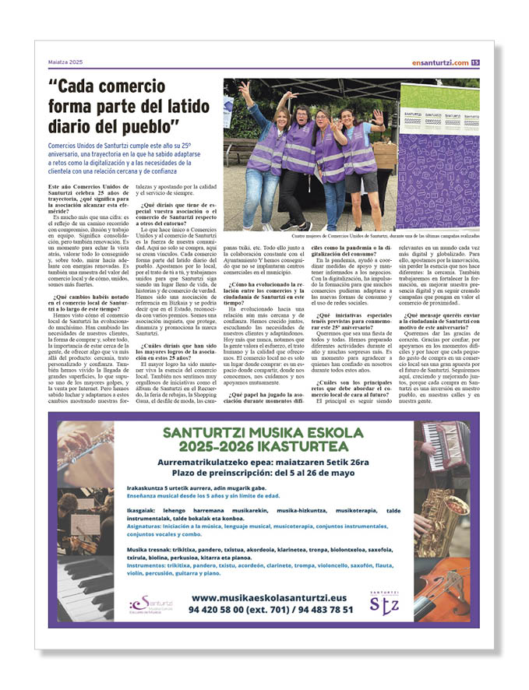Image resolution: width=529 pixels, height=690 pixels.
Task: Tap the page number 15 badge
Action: tap(475, 62)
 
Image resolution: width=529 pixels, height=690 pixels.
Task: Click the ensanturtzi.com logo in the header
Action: tap(441, 62)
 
